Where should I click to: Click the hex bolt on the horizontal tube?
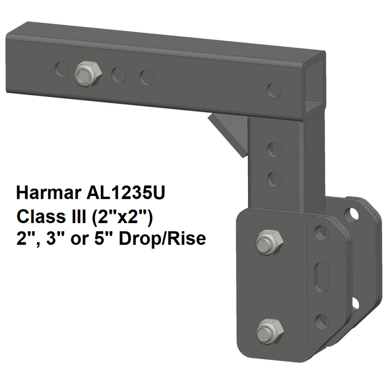(x=88, y=73)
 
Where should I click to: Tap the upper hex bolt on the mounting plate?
(x=266, y=241)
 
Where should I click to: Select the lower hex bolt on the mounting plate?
(x=266, y=333)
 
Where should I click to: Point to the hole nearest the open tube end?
(x=274, y=90)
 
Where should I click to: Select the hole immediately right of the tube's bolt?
(x=118, y=75)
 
